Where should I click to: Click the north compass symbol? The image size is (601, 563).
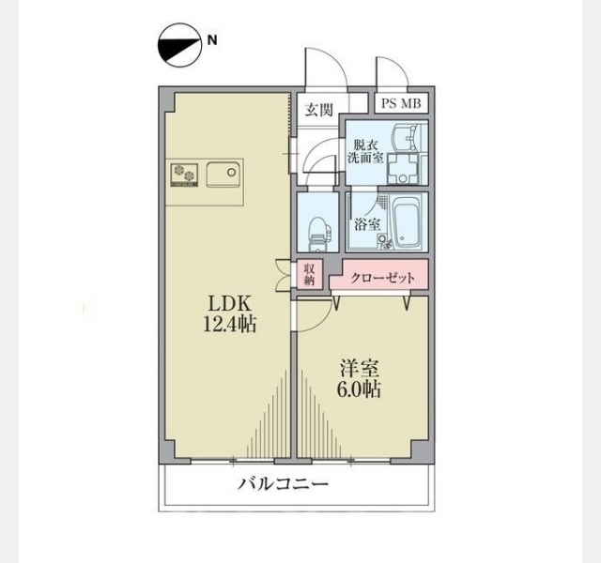[179, 46]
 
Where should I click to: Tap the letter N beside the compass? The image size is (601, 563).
[212, 40]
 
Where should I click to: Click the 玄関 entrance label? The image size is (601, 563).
[318, 110]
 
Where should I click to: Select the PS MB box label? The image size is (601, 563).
[401, 103]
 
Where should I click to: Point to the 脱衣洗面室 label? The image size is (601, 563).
[365, 152]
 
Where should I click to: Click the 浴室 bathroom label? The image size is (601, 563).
[367, 224]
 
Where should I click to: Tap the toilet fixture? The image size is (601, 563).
[318, 235]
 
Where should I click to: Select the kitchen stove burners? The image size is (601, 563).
[184, 175]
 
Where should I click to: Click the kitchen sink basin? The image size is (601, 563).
[223, 175]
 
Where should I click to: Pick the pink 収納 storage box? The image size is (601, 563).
[310, 274]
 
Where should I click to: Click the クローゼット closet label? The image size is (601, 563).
[382, 278]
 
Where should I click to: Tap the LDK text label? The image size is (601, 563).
[229, 304]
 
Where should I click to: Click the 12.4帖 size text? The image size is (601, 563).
[229, 325]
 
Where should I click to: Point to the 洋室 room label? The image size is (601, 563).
[360, 369]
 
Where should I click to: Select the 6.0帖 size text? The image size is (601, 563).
[359, 390]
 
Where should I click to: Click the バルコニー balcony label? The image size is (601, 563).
[284, 484]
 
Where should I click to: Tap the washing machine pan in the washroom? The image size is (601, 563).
[403, 168]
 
